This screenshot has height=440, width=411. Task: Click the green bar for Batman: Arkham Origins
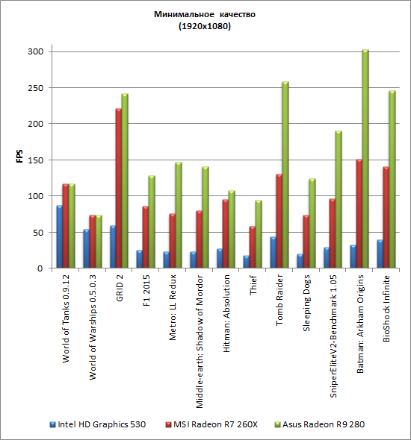tap(365, 159)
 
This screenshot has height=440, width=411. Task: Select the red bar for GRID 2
tap(119, 188)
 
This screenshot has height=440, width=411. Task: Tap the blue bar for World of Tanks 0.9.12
tap(59, 236)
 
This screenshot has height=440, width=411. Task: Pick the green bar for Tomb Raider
tap(285, 175)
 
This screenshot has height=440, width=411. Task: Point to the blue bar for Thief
tap(247, 262)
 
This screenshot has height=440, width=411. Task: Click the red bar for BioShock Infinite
tap(386, 217)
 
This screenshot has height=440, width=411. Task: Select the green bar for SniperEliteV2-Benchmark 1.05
tap(339, 199)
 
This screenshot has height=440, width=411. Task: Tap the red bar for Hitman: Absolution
tap(226, 233)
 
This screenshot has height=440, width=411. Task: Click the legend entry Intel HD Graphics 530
tap(98, 424)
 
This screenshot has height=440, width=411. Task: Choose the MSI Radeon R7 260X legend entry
tap(211, 424)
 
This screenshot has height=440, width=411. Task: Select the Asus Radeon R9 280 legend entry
tap(320, 424)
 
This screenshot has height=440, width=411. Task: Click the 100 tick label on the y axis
tap(35, 196)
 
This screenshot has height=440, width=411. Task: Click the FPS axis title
tap(19, 157)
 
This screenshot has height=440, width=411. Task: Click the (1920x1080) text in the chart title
tap(205, 26)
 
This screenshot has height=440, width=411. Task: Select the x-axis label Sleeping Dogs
tap(306, 303)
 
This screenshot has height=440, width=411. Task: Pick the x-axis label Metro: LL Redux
tap(173, 307)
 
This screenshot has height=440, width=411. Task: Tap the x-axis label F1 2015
tap(146, 290)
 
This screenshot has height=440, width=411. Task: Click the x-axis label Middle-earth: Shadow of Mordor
tap(200, 342)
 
